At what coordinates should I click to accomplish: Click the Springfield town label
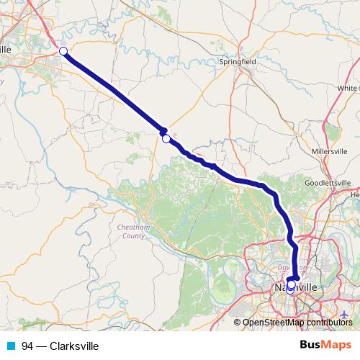238,62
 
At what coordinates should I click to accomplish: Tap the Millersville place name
331,152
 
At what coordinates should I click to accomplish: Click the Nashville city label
297,286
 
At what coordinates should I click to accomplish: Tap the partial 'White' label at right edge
348,88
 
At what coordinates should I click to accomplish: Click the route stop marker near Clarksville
63,50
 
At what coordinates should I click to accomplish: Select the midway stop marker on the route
166,138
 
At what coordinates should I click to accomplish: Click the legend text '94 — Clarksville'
60,346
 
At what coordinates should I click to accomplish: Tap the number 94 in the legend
27,346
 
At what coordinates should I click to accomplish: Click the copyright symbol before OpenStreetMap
238,322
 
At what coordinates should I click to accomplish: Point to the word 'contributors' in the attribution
328,322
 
